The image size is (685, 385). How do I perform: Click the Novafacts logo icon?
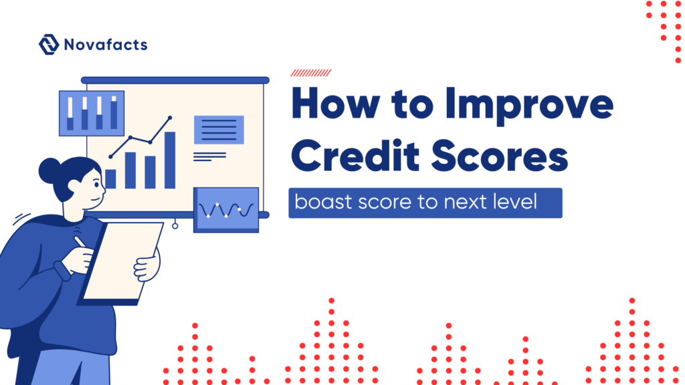click(49, 45)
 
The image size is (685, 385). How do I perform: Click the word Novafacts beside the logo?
click(106, 45)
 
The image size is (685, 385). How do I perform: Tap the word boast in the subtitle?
click(319, 202)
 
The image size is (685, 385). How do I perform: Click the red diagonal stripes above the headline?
click(311, 73)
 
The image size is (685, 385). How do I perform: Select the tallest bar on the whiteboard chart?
click(170, 160)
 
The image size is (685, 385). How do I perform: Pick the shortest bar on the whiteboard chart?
click(111, 178)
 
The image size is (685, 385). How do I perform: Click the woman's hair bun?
click(49, 171)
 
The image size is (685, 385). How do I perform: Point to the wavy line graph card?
click(225, 210)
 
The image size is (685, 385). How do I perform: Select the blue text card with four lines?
click(219, 130)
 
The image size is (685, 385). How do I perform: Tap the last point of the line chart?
click(170, 118)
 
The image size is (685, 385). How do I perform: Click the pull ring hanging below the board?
click(175, 226)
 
